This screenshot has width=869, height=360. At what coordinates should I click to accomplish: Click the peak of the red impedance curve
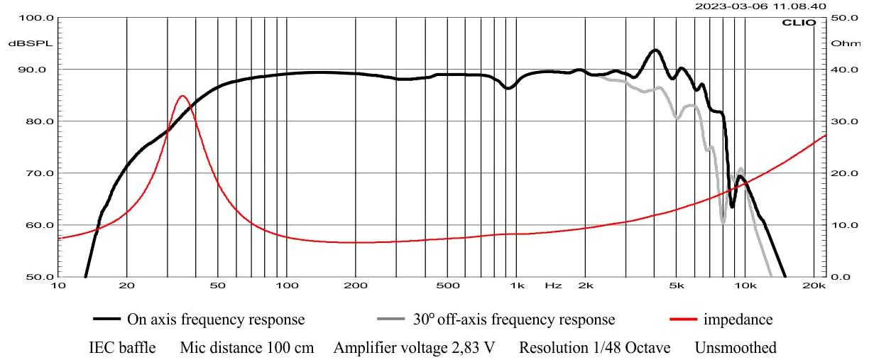tap(182, 96)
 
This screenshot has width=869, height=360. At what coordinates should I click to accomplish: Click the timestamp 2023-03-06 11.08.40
tap(760, 6)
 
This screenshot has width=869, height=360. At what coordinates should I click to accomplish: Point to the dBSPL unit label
tap(26, 43)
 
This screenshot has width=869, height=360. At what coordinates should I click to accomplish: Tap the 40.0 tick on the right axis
tap(841, 70)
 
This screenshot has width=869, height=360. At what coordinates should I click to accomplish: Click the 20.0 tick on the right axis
tap(841, 173)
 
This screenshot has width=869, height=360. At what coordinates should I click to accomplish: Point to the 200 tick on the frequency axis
tap(355, 285)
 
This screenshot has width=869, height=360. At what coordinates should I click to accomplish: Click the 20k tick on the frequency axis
tap(813, 285)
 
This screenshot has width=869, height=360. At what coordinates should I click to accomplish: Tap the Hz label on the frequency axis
tap(553, 285)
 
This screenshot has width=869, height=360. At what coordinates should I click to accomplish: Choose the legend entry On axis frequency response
tap(215, 320)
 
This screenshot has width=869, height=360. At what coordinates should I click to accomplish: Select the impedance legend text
tap(738, 320)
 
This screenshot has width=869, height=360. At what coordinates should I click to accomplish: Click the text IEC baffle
tap(122, 348)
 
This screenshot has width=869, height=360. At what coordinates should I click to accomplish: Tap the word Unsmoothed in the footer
tap(736, 348)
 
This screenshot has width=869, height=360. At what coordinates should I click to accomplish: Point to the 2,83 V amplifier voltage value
tap(473, 348)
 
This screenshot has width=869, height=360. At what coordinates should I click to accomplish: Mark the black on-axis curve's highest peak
tap(655, 50)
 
